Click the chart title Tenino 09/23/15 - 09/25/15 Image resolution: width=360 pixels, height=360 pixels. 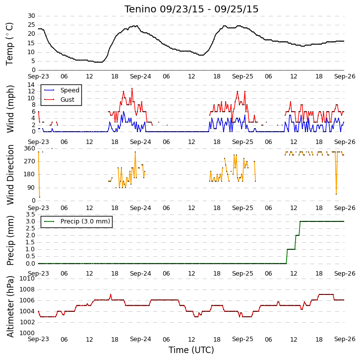pyautogui.click(x=191, y=9)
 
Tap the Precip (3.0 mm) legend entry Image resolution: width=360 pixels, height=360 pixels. pyautogui.click(x=77, y=221)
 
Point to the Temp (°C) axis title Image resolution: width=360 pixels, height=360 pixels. pyautogui.click(x=9, y=44)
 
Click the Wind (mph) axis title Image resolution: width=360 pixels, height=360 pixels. pyautogui.click(x=10, y=109)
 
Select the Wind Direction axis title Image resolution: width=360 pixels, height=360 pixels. pyautogui.click(x=10, y=175)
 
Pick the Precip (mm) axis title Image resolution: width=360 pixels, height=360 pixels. pyautogui.click(x=10, y=240)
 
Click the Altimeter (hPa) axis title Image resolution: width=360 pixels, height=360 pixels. pyautogui.click(x=10, y=306)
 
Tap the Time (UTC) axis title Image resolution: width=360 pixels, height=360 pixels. pyautogui.click(x=191, y=350)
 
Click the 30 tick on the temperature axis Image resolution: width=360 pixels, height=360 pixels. pyautogui.click(x=31, y=16)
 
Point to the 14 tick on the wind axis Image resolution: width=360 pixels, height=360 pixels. pyautogui.click(x=31, y=85)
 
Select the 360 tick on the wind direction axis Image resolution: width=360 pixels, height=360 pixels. pyautogui.click(x=30, y=148)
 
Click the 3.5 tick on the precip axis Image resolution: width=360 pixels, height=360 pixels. pyautogui.click(x=31, y=215)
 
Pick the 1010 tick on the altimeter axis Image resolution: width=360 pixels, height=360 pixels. pyautogui.click(x=28, y=279)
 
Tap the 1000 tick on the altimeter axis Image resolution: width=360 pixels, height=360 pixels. pyautogui.click(x=28, y=333)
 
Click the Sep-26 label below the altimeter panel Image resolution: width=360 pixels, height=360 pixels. pyautogui.click(x=345, y=339)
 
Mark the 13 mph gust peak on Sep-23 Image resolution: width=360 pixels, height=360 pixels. pyautogui.click(x=132, y=88)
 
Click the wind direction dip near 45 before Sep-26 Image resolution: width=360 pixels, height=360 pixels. pyautogui.click(x=336, y=194)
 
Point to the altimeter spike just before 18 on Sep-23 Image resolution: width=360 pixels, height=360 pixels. pyautogui.click(x=111, y=294)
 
